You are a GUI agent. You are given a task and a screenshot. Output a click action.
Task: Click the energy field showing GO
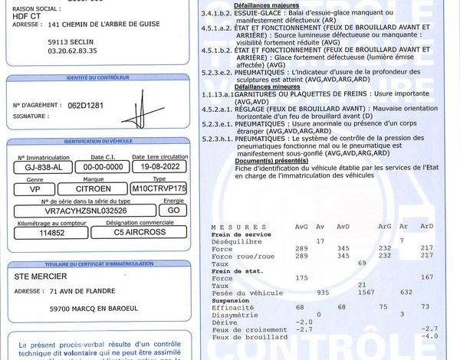coord(174,210)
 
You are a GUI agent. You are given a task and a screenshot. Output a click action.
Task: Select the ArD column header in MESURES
coord(427,226)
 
